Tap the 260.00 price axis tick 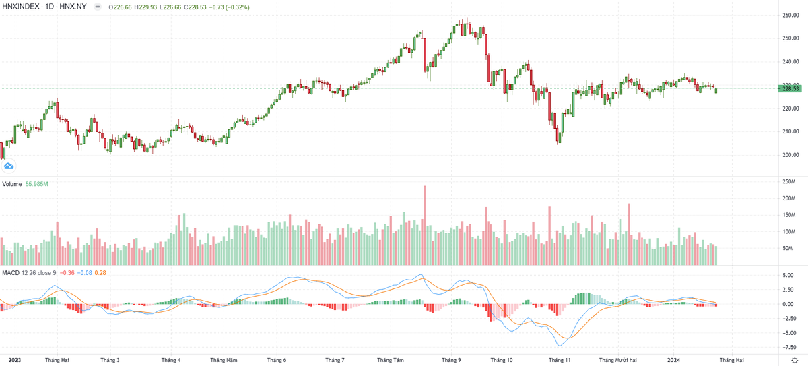pyautogui.click(x=790, y=16)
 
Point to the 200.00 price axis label pyautogui.click(x=790, y=154)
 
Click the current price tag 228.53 pyautogui.click(x=790, y=88)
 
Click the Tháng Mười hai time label pyautogui.click(x=617, y=360)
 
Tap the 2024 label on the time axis pyautogui.click(x=675, y=360)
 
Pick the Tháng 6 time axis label pyautogui.click(x=277, y=360)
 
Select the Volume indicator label pyautogui.click(x=12, y=183)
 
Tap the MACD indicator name pyautogui.click(x=10, y=272)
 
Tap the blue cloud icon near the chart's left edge pyautogui.click(x=9, y=166)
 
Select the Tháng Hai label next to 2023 pyautogui.click(x=57, y=360)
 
